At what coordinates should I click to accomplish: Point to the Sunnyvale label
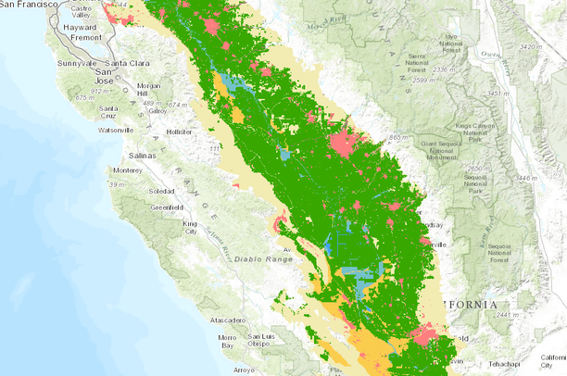click(x=78, y=63)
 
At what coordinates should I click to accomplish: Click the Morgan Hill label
click(x=148, y=89)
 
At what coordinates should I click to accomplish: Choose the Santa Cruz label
click(x=109, y=112)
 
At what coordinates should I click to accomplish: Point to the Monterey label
click(x=127, y=170)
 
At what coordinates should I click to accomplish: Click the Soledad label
click(x=161, y=191)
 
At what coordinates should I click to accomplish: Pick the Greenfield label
click(x=167, y=207)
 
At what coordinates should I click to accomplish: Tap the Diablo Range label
click(x=260, y=261)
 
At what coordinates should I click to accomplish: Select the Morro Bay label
click(x=228, y=340)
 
